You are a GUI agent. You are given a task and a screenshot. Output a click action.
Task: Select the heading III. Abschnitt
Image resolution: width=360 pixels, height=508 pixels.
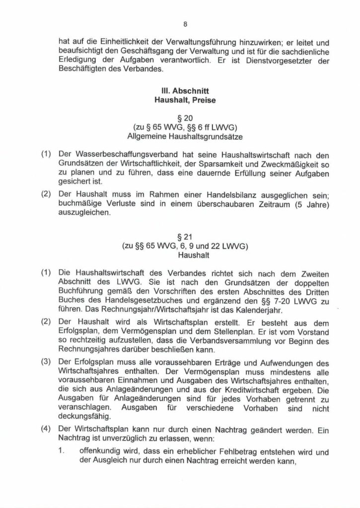pyautogui.click(x=180, y=92)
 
